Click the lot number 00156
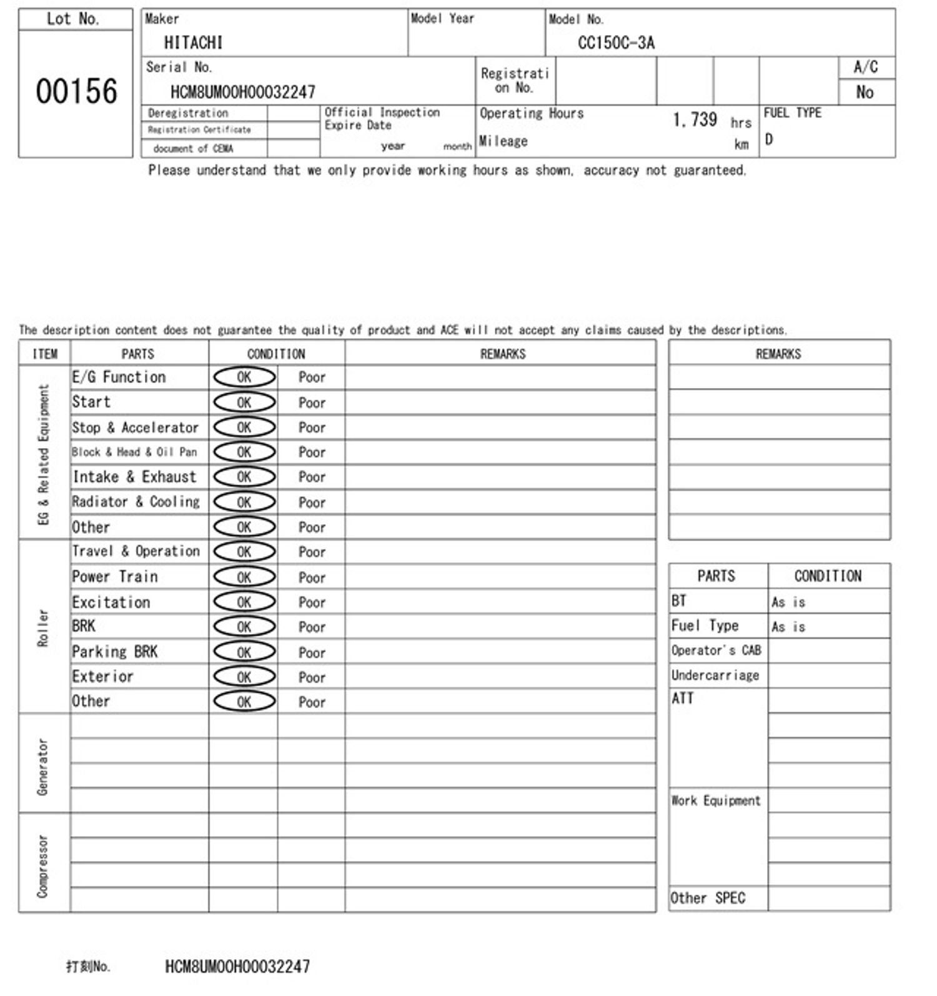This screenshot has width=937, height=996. [x=76, y=91]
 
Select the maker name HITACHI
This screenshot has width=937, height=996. [x=193, y=42]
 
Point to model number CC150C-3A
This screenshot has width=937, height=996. [x=616, y=42]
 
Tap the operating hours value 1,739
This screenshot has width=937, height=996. [x=695, y=119]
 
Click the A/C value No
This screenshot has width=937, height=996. [x=865, y=92]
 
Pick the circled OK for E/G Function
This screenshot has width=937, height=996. [x=244, y=377]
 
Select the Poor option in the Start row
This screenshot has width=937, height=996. [x=312, y=403]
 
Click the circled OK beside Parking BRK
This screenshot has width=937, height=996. [x=244, y=652]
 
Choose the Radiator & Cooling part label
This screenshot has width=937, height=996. [x=136, y=502]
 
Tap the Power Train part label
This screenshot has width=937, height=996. [x=115, y=577]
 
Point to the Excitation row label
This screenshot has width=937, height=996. [x=111, y=602]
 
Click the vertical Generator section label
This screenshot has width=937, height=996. [x=42, y=766]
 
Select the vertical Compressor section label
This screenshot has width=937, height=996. [x=42, y=866]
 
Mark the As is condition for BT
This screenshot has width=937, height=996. [x=788, y=602]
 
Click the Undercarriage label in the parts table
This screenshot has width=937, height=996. [x=715, y=675]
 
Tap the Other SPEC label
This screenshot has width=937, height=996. [x=708, y=898]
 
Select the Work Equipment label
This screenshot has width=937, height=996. [x=716, y=800]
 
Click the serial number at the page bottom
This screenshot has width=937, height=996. [x=237, y=967]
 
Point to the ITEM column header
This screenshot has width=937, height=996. [x=45, y=354]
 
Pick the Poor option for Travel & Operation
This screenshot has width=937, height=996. [x=312, y=552]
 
